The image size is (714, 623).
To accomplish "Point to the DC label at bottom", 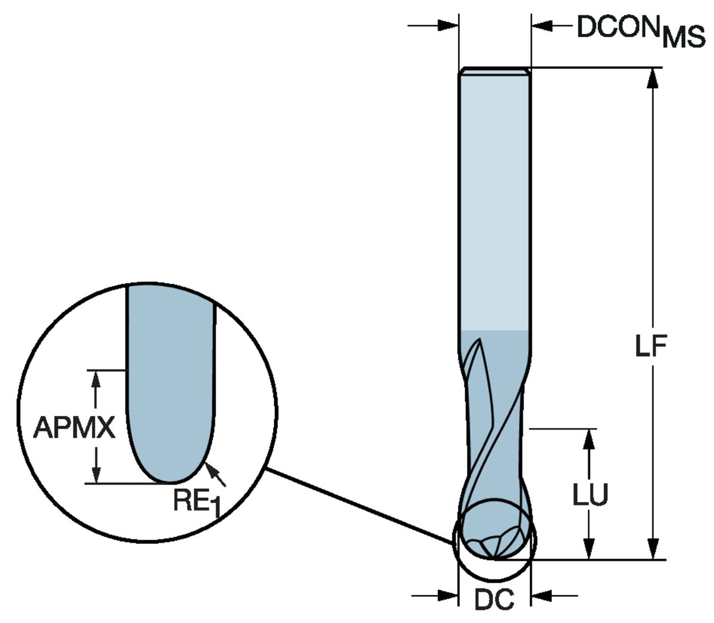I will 494,599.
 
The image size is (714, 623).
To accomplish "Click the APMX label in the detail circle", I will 74,427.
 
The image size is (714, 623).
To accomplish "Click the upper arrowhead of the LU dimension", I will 589,439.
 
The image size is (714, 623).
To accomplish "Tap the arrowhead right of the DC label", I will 541,595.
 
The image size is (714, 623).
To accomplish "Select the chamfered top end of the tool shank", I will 495,71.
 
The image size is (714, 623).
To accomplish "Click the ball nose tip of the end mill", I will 495,555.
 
